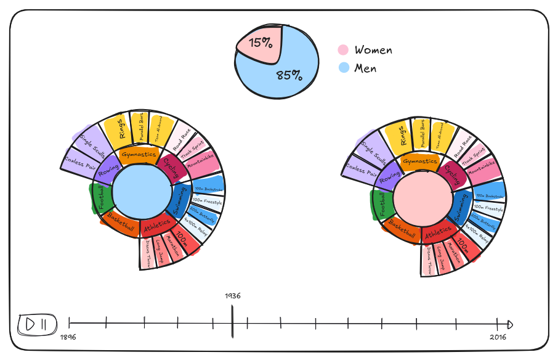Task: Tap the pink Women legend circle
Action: click(343, 51)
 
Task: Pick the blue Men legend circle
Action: click(343, 68)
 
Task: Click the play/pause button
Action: click(38, 324)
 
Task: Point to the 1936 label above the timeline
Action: click(232, 296)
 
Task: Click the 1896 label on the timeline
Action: click(68, 337)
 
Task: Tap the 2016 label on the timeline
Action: click(498, 337)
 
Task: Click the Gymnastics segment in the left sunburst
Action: click(139, 155)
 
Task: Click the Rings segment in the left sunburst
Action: click(122, 129)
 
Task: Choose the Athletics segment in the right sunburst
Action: click(439, 233)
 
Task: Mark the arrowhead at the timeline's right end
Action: click(510, 324)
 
